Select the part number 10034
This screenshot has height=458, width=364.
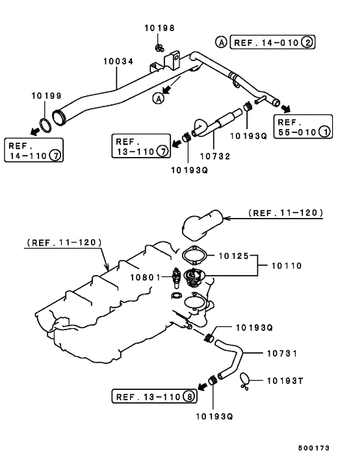click(118, 61)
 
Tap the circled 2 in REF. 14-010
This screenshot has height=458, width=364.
click(307, 43)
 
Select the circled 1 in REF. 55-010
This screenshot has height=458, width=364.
click(324, 132)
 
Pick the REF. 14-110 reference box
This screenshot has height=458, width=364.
click(34, 151)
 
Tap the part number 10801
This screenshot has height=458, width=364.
click(144, 277)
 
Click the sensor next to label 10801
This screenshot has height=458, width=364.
click(175, 277)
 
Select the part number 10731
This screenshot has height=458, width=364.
click(282, 354)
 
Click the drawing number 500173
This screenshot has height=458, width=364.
click(315, 448)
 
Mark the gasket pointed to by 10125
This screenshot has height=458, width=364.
click(193, 255)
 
